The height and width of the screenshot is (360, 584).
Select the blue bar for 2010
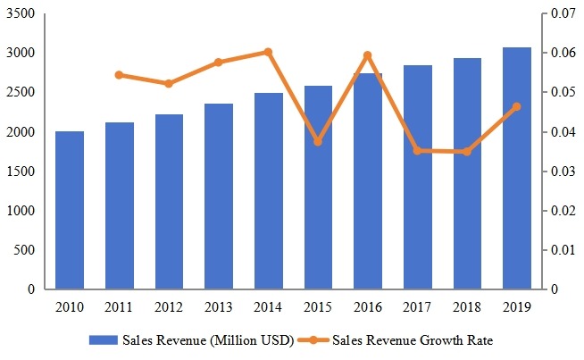tap(70, 210)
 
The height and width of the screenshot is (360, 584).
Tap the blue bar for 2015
tap(318, 188)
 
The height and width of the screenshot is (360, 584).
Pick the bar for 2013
tap(219, 197)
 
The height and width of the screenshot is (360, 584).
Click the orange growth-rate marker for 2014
tap(268, 52)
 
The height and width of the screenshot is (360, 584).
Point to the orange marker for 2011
tap(120, 75)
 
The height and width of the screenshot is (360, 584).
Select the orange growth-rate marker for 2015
tap(318, 142)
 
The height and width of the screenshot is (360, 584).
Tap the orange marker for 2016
tap(367, 55)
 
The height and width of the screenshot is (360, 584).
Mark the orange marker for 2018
tap(466, 152)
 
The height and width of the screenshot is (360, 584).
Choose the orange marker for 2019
tap(516, 107)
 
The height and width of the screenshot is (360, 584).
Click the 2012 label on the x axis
tap(169, 306)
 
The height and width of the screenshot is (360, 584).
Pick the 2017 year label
tap(417, 306)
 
